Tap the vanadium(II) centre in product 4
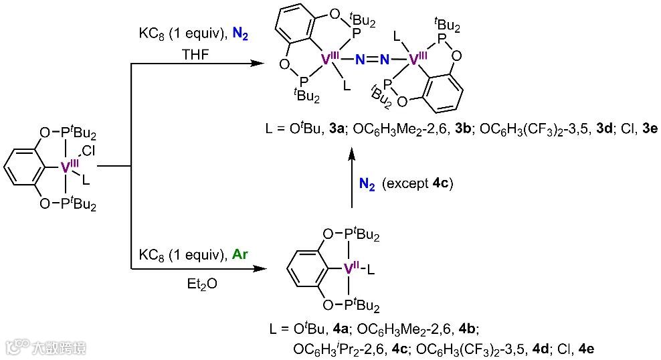click(353, 270)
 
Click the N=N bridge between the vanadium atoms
click(373, 60)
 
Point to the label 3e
click(648, 130)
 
